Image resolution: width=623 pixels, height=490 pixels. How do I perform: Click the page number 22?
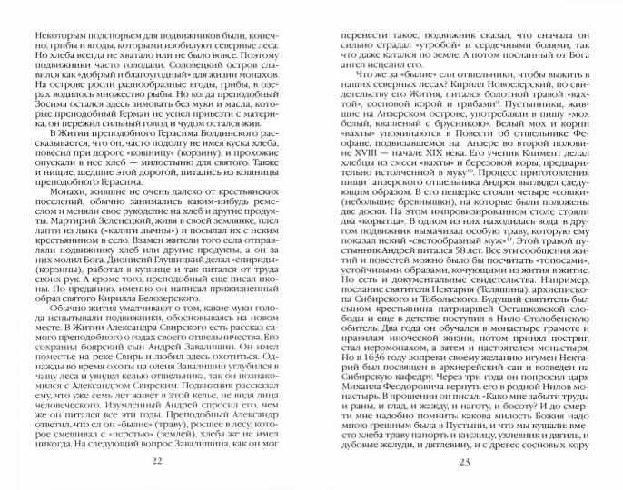click(156, 465)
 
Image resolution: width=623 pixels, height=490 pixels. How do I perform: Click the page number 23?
click(468, 465)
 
